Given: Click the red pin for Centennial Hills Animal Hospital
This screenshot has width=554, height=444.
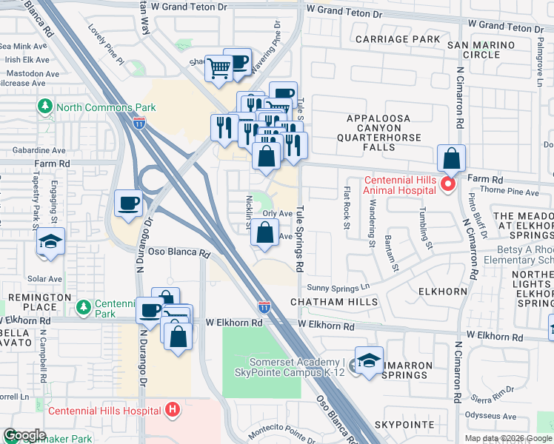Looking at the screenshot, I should tap(447, 184).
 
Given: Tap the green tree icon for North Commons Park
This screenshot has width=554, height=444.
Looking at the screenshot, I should tap(46, 106).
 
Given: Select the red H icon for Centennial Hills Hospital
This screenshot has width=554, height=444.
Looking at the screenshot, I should tap(173, 409).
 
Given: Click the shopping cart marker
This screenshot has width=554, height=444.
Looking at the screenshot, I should tap(219, 69).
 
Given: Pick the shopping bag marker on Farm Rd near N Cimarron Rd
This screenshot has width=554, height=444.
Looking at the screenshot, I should tap(451, 159).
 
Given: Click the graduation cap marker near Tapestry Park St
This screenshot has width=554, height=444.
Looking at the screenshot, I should tap(50, 242).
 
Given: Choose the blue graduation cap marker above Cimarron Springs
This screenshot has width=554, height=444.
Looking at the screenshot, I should tap(369, 360).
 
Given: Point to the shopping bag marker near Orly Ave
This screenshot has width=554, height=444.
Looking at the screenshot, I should tap(265, 233).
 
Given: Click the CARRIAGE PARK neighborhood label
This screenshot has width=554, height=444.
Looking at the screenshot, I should tap(396, 39).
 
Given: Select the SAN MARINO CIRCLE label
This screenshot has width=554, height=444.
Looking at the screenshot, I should tap(483, 50).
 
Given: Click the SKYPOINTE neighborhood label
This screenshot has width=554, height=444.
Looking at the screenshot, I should tap(404, 424).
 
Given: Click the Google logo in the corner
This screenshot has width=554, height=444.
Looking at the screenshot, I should tap(24, 435).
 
